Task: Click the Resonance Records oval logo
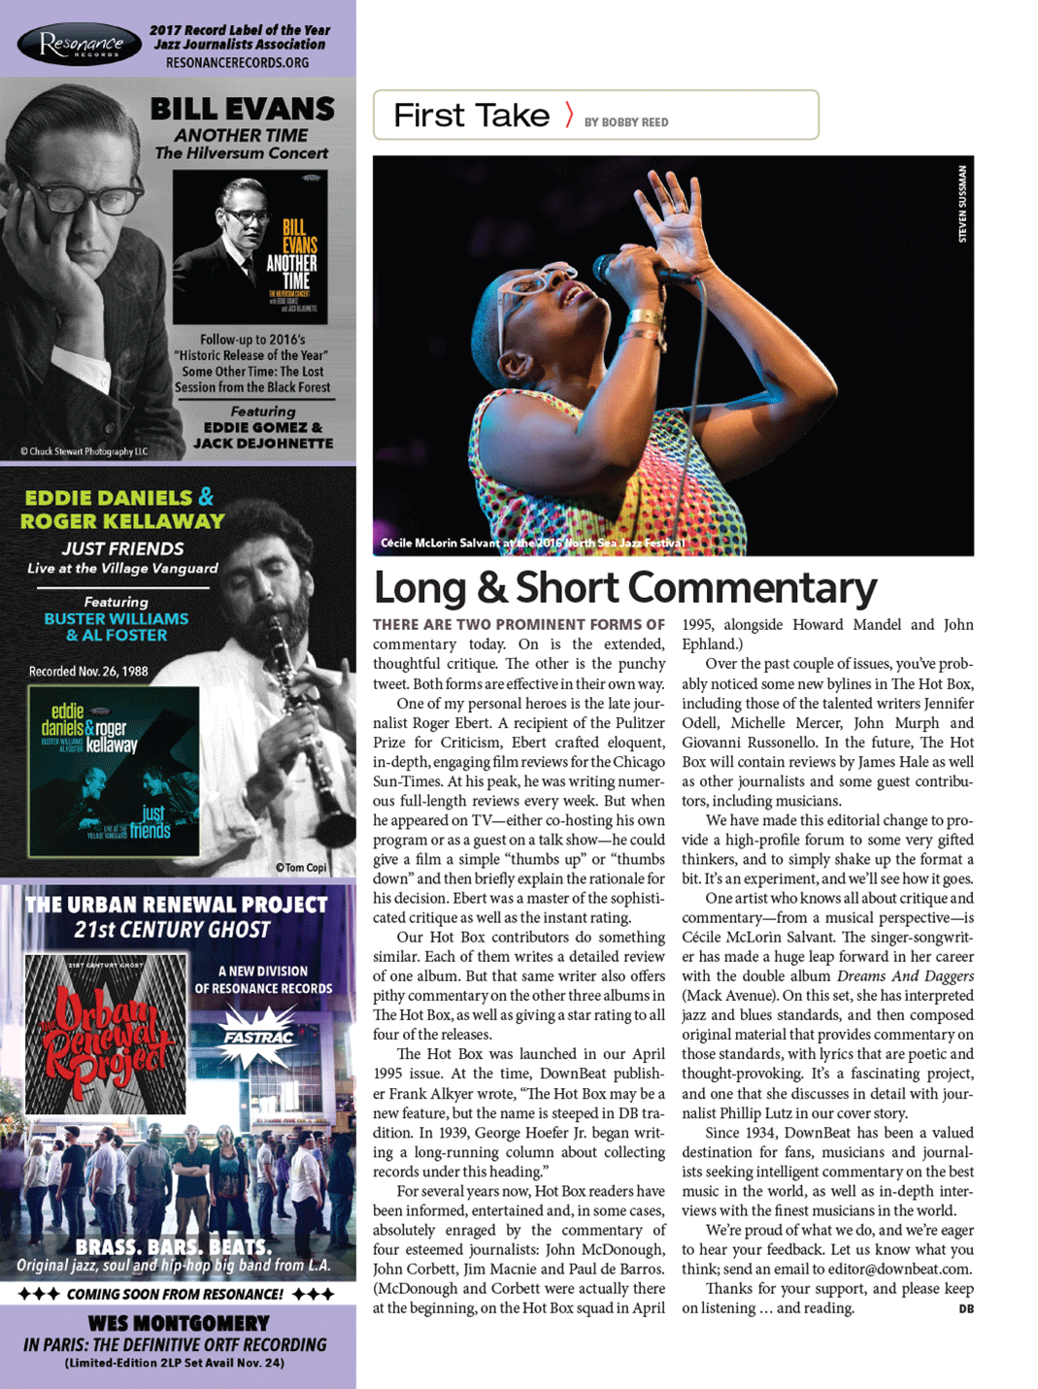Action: click(x=80, y=45)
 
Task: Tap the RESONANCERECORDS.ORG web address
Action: click(x=237, y=63)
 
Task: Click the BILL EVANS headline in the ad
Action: click(x=243, y=109)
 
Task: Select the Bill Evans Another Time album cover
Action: click(x=250, y=248)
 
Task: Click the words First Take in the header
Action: click(x=472, y=116)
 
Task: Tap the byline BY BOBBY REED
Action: click(x=625, y=122)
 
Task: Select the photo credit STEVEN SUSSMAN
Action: click(x=962, y=204)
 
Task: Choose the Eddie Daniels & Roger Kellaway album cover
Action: click(x=114, y=771)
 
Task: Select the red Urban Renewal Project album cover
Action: click(x=106, y=1033)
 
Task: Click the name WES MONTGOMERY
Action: click(x=179, y=1323)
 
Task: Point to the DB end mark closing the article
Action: click(x=965, y=1308)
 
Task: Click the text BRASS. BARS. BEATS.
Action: click(x=174, y=1247)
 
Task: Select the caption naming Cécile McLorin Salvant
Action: click(x=532, y=543)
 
